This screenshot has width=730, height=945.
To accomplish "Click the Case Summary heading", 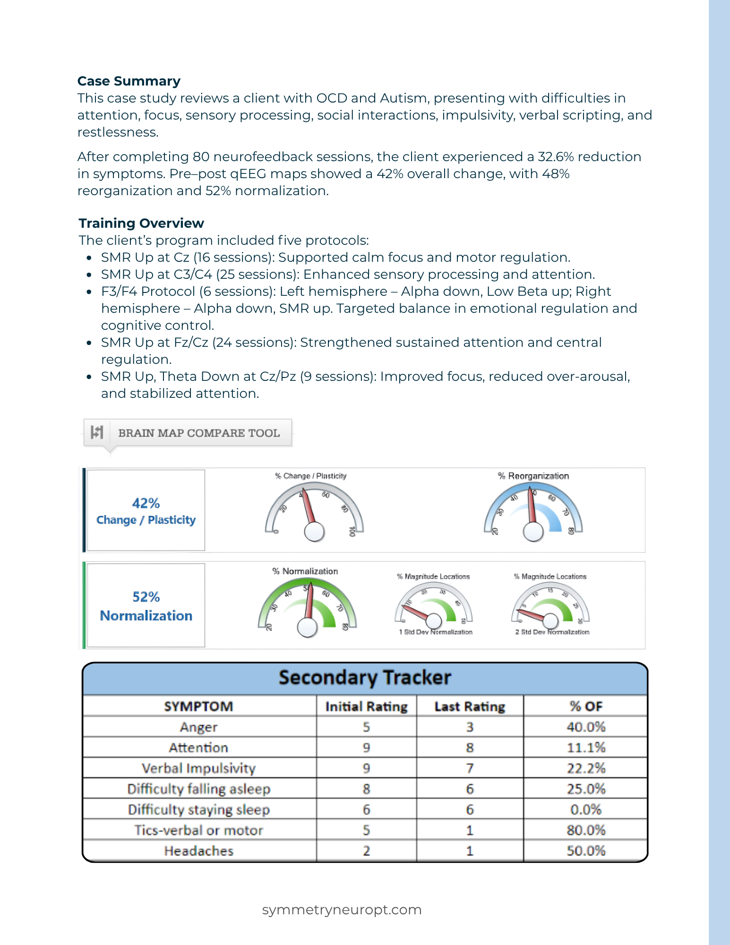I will pos(129,81).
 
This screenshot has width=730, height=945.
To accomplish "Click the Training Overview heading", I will pos(141,223).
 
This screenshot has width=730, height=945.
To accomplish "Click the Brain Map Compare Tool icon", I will pos(97,432).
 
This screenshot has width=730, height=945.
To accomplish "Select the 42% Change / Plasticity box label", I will pos(146,511).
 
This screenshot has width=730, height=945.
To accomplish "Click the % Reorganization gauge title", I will pos(533,476).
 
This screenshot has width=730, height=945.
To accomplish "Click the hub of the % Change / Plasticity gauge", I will pos(314,532).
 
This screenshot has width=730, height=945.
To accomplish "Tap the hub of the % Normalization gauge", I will pos(307,627).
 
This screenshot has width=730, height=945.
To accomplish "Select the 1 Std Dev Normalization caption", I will pos(435,632).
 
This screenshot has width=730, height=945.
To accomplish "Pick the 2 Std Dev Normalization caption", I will pos(552,632).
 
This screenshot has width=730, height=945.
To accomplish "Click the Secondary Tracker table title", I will pos(365,678).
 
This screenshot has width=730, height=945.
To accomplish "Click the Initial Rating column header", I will pos(366,706).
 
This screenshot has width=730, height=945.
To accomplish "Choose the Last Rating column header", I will pos(470,706).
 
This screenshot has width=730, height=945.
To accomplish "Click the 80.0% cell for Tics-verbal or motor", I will pos(586,830).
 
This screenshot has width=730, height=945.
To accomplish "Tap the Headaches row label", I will pos(199,851).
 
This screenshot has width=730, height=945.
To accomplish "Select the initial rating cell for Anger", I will pos(366,727).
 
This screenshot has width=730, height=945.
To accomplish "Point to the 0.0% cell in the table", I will pos(586,810).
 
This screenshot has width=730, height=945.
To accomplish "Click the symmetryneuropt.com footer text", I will pos(342,910).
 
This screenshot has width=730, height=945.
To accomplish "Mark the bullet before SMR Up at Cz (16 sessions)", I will pos(89,258).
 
